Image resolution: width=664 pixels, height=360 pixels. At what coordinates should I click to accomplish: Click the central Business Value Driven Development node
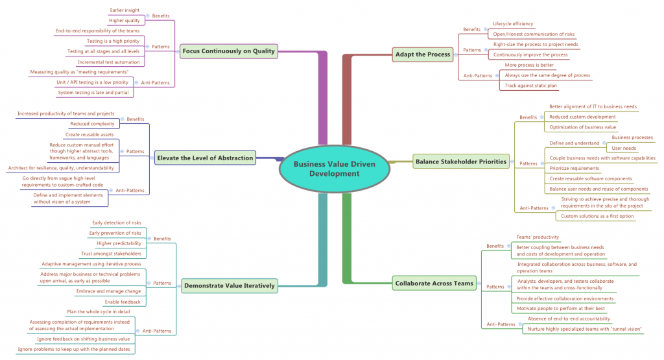335,169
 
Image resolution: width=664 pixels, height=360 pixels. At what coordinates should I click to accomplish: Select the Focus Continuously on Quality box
229,51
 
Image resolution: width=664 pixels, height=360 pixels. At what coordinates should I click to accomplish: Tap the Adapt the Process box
422,54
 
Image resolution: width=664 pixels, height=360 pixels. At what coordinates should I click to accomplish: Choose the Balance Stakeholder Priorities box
461,162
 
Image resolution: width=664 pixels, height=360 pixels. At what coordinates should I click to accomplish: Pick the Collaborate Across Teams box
434,283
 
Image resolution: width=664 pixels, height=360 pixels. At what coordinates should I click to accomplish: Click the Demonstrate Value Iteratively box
230,285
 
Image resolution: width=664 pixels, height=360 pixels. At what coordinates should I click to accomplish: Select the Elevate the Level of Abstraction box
204,157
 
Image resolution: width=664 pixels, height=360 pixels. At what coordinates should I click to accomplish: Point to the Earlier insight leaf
124,10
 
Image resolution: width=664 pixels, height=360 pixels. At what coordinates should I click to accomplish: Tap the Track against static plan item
530,85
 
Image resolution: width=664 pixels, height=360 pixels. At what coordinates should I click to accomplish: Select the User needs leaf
624,148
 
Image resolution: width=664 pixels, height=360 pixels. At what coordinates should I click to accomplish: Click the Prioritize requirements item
574,168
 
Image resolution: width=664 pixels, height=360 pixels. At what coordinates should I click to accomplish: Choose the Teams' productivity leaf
537,237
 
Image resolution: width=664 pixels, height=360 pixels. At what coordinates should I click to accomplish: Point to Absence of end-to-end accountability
569,318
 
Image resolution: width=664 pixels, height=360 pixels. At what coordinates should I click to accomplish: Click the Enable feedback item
123,302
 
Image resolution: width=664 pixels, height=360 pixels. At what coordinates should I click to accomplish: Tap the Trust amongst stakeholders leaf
111,254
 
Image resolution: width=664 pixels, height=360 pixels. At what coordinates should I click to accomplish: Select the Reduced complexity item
92,123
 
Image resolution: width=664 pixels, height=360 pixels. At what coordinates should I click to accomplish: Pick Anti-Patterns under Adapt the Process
477,75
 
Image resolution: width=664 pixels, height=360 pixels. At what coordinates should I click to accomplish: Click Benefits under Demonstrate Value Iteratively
162,239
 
